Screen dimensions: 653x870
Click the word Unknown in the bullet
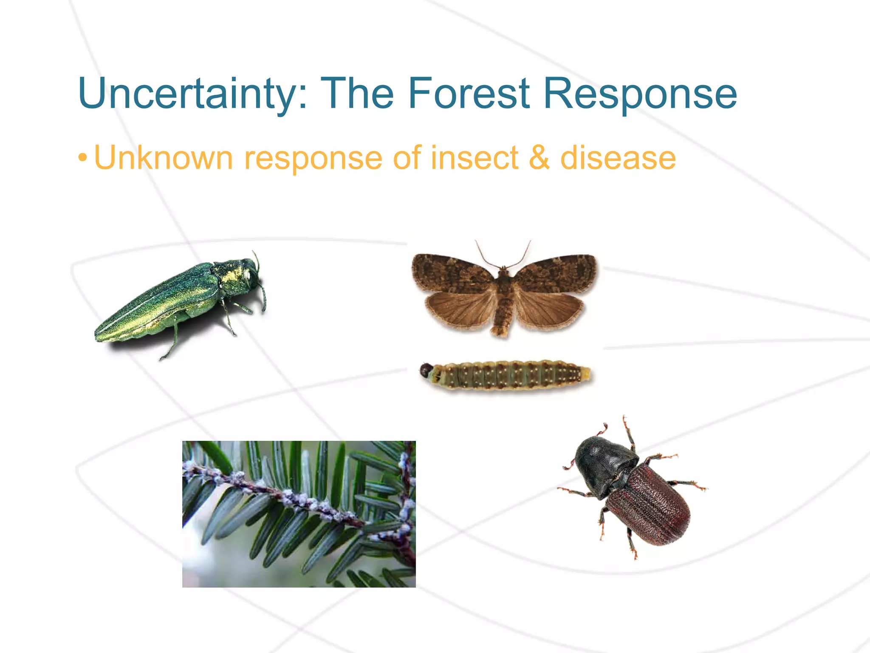coord(163,158)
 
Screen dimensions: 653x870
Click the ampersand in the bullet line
coord(539,158)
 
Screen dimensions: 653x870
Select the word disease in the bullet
coord(618,158)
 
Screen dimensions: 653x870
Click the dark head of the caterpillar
coord(426,371)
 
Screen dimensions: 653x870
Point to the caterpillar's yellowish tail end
coord(585,374)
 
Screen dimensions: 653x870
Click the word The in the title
coord(357,94)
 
